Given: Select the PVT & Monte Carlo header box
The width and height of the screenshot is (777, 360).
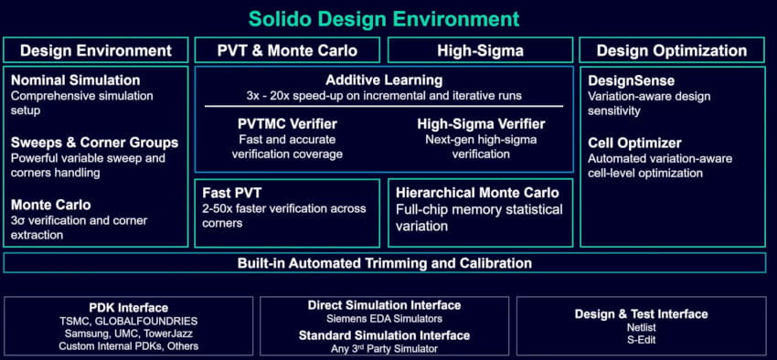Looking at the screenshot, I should coord(287,50).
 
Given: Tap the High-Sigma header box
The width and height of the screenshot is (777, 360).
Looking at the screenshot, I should coord(481,50).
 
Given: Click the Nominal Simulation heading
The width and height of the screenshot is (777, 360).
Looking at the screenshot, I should coord(76,80).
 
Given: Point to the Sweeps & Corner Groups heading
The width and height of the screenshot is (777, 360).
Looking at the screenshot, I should coord(94,143).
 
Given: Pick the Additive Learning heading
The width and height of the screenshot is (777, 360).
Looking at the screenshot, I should coord(384,80).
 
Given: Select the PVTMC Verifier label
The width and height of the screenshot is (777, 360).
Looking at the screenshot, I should coord(287,123).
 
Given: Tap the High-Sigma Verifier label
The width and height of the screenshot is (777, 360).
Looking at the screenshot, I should coord(481,123).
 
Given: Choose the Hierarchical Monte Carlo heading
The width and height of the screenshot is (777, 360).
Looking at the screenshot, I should coord(477,193).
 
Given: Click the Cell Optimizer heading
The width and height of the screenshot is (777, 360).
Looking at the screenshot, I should coord(633,143).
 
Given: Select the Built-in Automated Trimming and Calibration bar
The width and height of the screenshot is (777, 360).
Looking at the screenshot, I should coord(384,263).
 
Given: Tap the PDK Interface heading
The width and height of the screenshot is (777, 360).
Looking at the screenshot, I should coord(128,307).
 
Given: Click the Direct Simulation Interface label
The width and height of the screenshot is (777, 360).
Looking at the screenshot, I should coord(384,305).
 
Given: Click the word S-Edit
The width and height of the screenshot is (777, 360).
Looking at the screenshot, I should coord(641,340).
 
